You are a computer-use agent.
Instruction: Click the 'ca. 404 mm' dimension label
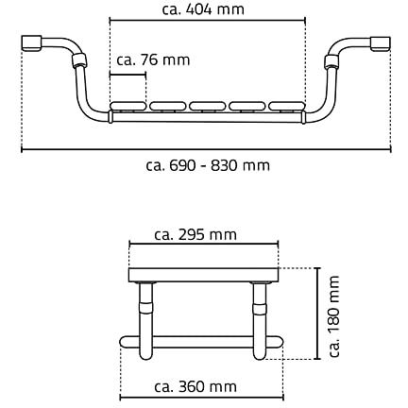pos(203,9)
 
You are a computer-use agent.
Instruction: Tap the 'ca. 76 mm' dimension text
pos(153,59)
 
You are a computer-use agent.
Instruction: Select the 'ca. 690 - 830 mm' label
pos(208,165)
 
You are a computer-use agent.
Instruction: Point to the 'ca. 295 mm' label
pos(195,234)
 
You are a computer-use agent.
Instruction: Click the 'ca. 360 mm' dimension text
pos(195,386)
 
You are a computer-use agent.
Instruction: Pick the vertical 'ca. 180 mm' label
pos(334,316)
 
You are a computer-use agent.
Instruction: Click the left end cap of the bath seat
pos(31,43)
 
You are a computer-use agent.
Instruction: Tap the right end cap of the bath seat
pos(381,44)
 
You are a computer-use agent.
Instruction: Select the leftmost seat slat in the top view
pos(127,106)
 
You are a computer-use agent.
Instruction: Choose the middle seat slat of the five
pos(208,106)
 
